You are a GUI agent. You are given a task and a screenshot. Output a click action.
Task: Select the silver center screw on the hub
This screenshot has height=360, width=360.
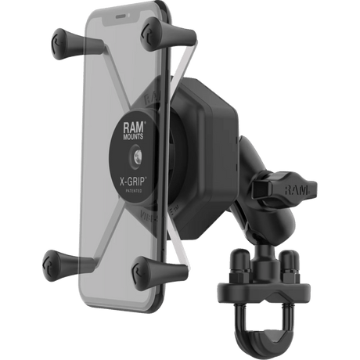[137, 157]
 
